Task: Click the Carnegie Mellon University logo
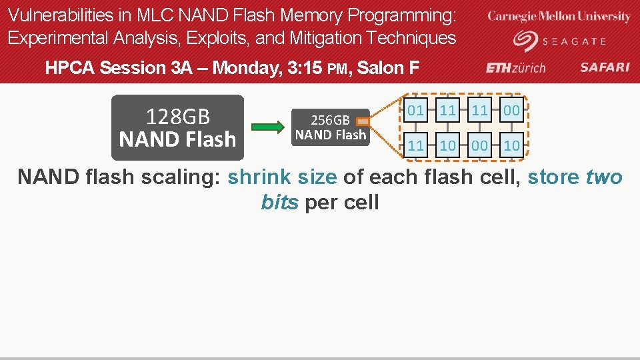(x=559, y=17)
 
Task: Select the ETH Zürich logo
(x=516, y=67)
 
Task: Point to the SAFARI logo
(x=604, y=67)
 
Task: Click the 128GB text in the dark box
(x=177, y=117)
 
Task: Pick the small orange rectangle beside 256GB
(x=363, y=122)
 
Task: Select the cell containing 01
(x=415, y=111)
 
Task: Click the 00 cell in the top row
(x=511, y=111)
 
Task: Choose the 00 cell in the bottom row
(x=479, y=145)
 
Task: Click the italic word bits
(x=280, y=202)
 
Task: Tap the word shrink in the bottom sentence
(x=259, y=178)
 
